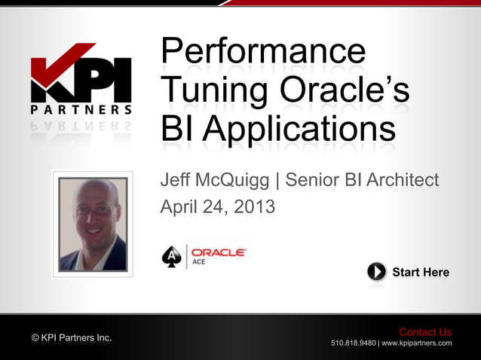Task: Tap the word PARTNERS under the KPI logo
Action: point(81,110)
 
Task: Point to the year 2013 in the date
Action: point(253,206)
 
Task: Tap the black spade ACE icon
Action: point(172,256)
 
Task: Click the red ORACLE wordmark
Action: point(218,252)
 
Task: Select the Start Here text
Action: point(420,272)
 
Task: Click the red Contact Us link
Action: point(425,332)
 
